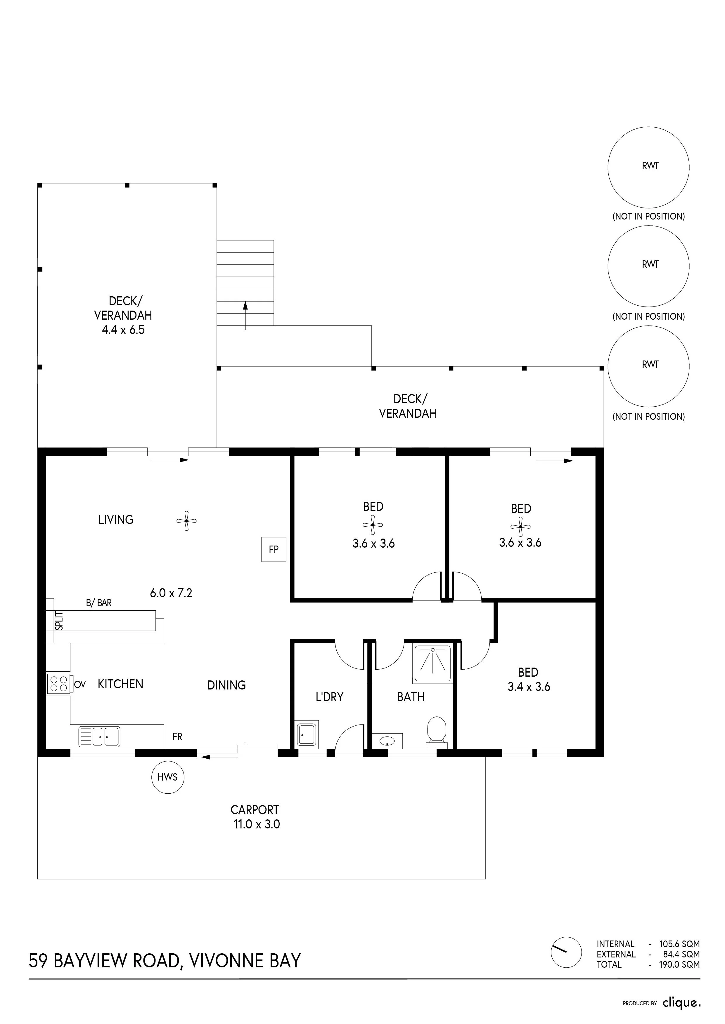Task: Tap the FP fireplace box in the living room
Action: coord(274,549)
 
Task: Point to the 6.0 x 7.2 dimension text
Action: coord(171,593)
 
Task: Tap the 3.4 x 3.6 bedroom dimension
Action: coord(529,687)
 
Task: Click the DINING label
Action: coord(226,685)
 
